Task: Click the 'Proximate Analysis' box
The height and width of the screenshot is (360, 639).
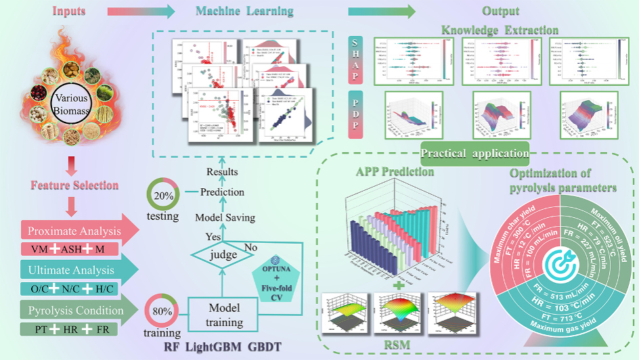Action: [x=74, y=231]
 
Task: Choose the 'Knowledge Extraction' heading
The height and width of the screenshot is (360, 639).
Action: [x=500, y=30]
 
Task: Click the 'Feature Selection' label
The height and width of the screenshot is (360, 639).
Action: [x=74, y=185]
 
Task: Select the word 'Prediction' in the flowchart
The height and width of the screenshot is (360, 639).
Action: [x=222, y=192]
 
